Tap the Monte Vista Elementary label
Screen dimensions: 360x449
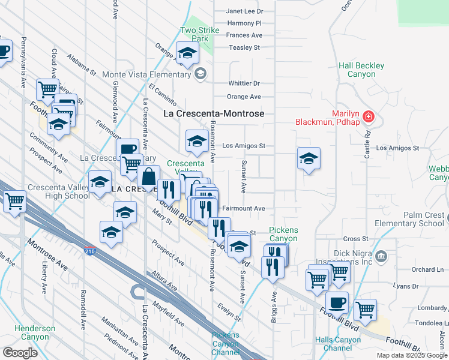point(146,74)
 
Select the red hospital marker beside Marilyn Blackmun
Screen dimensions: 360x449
point(369,116)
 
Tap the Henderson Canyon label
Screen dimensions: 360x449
point(35,332)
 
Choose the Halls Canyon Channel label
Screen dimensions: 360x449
point(337,344)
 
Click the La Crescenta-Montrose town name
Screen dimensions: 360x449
point(214,113)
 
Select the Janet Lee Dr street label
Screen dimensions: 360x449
point(244,11)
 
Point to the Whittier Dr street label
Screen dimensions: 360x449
point(244,84)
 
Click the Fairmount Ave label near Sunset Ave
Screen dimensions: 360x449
point(243,208)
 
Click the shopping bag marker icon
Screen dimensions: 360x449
point(148,176)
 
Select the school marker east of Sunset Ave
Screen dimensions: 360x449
point(309,158)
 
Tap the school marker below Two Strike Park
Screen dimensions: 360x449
point(187,53)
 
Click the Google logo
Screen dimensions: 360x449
point(20,353)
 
